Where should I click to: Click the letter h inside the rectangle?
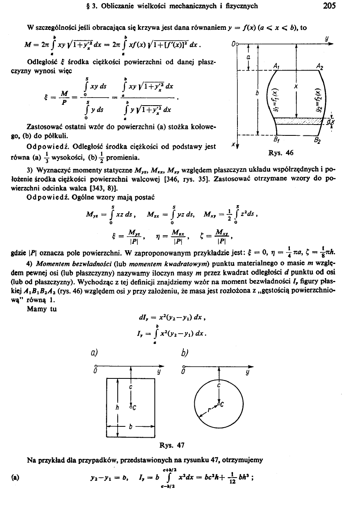coord(117,407)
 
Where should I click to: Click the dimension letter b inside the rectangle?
coord(130,428)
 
